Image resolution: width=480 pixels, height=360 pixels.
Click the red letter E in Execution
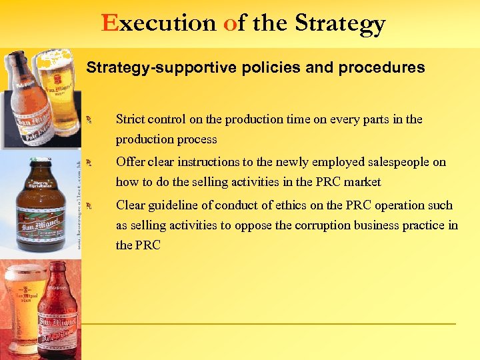(110, 24)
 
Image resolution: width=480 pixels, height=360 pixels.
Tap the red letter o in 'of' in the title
(229, 25)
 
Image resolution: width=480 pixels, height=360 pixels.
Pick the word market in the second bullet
(362, 182)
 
